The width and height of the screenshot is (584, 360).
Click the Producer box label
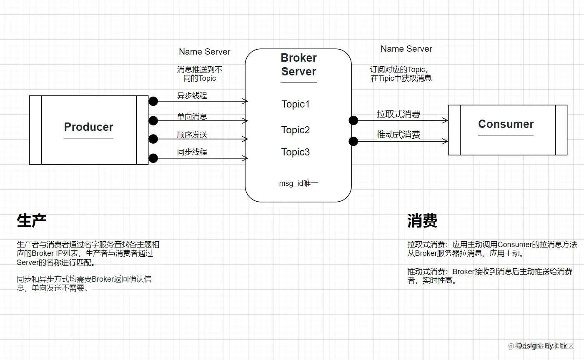click(x=88, y=127)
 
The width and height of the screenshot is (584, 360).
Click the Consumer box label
click(x=506, y=124)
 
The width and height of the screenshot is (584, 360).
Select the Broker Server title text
click(x=298, y=65)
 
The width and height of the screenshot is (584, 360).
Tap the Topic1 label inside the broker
click(x=296, y=104)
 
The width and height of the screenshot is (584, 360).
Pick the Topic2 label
click(x=296, y=130)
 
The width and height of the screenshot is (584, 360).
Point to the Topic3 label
click(x=296, y=152)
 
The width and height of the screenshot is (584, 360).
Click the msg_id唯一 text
click(x=298, y=183)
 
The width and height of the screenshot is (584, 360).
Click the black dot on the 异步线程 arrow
click(x=153, y=101)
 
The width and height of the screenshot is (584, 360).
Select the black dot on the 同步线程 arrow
click(x=153, y=158)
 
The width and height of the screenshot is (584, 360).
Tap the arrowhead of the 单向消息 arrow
click(x=246, y=121)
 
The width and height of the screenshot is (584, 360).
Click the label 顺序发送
click(x=192, y=135)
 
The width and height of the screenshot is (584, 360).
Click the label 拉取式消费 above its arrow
click(x=398, y=114)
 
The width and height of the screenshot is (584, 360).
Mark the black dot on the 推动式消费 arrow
click(x=353, y=141)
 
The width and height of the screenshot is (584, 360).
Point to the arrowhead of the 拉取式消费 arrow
click(x=446, y=120)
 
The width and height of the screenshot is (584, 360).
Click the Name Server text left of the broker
click(x=204, y=52)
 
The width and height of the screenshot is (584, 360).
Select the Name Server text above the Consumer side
click(x=406, y=49)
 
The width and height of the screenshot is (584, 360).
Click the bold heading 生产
click(x=32, y=221)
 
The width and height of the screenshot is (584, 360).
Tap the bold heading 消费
click(x=422, y=221)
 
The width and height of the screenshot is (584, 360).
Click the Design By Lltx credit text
click(x=541, y=346)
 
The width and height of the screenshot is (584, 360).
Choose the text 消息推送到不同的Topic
click(x=200, y=74)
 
